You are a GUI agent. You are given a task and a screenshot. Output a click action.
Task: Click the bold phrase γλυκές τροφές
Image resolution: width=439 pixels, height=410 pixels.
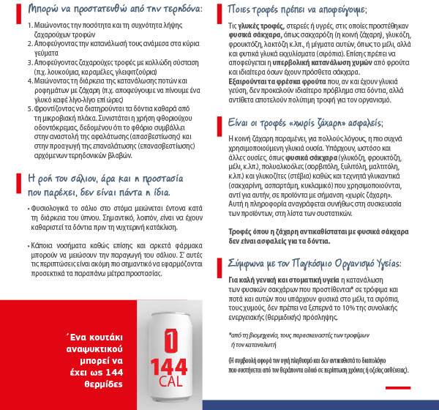pos(252,26)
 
